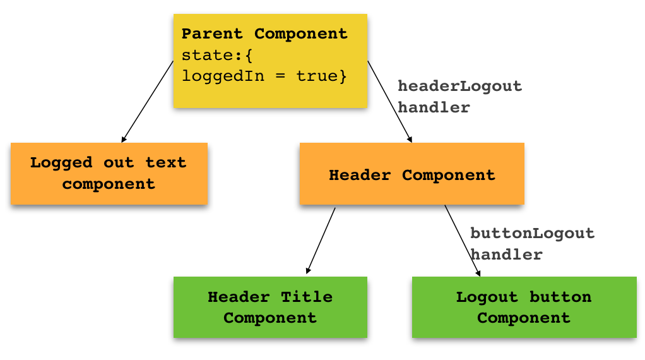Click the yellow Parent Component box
(x=270, y=61)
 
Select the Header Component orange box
(x=411, y=174)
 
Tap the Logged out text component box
(x=109, y=174)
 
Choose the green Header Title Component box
(x=270, y=307)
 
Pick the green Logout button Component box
(x=524, y=307)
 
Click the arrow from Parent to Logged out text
(x=148, y=101)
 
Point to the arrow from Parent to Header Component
(x=389, y=101)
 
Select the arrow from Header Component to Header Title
(x=321, y=240)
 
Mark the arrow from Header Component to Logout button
(x=463, y=240)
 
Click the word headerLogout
(x=459, y=86)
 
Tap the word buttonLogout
(x=532, y=233)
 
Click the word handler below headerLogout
(x=434, y=107)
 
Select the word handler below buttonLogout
(x=506, y=255)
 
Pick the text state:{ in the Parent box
(x=217, y=55)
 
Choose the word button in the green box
(x=560, y=296)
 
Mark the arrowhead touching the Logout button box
(x=478, y=272)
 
